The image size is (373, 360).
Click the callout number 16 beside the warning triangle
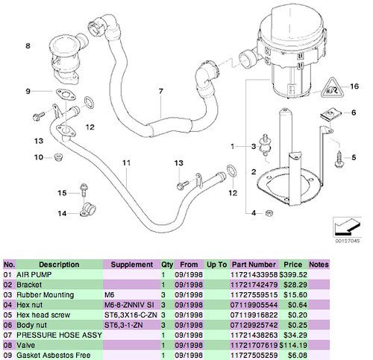pyautogui.click(x=354, y=86)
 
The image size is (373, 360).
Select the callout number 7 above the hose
pyautogui.click(x=161, y=91)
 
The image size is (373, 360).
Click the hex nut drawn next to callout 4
pyautogui.click(x=269, y=213)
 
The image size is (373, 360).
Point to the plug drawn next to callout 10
pyautogui.click(x=58, y=157)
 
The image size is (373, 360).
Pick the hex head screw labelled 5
pyautogui.click(x=339, y=159)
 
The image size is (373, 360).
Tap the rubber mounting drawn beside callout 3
pyautogui.click(x=266, y=145)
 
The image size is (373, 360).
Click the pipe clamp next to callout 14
pyautogui.click(x=87, y=209)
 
